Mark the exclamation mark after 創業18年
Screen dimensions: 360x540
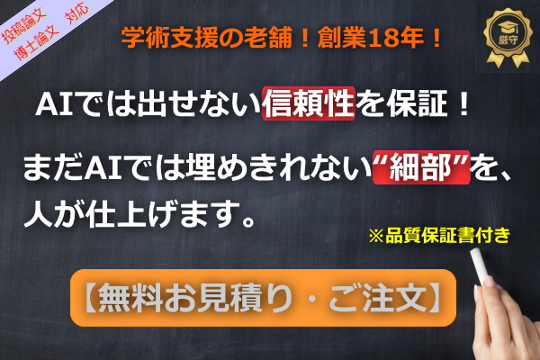point(436,40)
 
